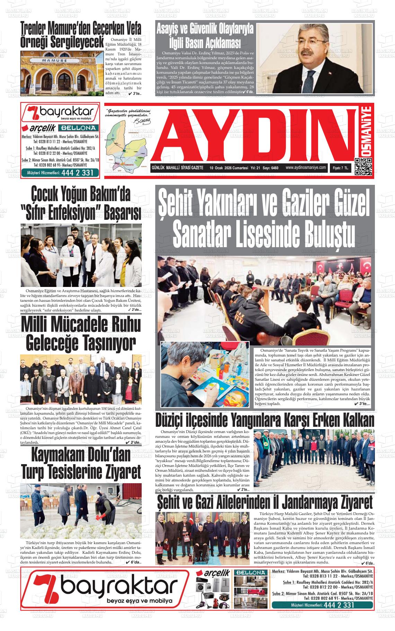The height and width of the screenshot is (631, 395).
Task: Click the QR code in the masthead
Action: pos(363,167)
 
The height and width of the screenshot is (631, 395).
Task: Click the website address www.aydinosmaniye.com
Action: pos(306,168)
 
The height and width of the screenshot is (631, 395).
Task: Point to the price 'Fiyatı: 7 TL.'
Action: pos(342,168)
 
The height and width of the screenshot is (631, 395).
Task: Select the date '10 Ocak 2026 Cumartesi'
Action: pos(229,168)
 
